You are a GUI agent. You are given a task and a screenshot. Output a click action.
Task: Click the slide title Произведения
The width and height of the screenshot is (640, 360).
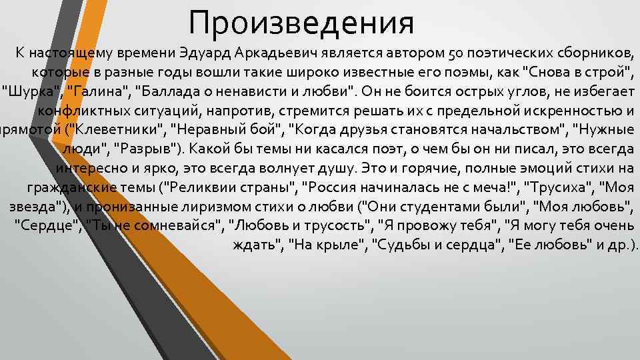[x=301, y=23]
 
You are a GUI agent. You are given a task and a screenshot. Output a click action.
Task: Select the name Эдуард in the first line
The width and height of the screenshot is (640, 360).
[x=203, y=53]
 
